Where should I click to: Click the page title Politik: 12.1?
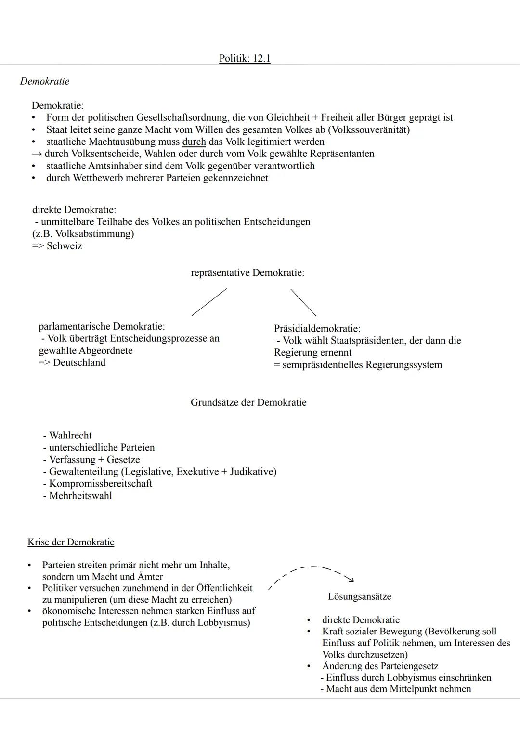245,59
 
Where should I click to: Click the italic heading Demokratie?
44,81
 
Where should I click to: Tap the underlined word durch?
194,142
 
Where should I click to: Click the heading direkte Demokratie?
74,210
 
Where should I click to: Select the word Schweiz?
64,246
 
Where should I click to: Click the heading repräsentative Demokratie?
247,273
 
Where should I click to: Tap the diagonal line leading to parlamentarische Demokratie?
209,302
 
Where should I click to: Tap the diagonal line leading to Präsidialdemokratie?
303,302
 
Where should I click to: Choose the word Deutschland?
79,362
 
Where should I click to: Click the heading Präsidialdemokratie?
317,329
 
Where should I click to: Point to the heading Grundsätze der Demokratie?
248,402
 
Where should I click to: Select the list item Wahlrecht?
70,436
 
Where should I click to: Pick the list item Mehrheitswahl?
80,496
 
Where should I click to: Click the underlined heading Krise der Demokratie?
71,542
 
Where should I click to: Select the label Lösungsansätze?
359,597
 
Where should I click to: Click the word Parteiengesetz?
409,666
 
